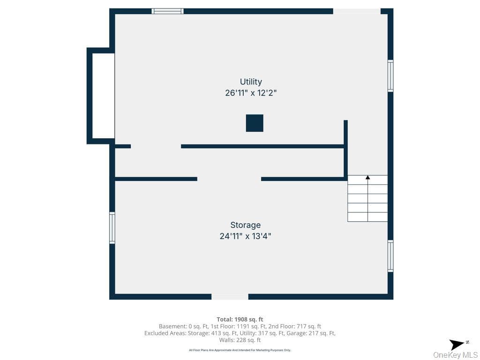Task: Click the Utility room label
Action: click(251, 82)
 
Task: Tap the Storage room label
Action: click(246, 225)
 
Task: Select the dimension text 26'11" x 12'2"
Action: click(251, 93)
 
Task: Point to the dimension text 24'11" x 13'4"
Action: click(246, 236)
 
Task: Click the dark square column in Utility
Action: click(255, 123)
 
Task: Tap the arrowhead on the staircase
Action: click(367, 177)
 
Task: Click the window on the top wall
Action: click(167, 11)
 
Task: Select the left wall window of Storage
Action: click(112, 228)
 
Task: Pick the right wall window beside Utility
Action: click(390, 75)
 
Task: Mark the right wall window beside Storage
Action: click(390, 256)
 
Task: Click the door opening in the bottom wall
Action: click(230, 297)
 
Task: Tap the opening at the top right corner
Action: click(357, 11)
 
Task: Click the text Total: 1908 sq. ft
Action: click(240, 320)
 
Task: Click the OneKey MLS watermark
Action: click(455, 355)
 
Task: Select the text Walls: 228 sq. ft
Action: click(240, 340)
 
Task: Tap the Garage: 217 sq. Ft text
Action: click(311, 333)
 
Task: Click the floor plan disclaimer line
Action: click(240, 350)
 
